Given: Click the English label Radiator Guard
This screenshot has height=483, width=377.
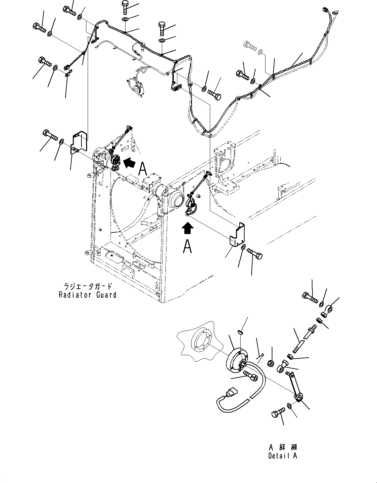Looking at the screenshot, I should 87,295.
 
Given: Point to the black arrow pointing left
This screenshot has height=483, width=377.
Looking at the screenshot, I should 129,162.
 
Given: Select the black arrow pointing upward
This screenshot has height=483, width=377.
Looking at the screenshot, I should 188,228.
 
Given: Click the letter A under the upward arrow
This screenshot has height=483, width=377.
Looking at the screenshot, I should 187,246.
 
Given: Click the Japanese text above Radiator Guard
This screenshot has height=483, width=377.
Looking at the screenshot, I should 87,286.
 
